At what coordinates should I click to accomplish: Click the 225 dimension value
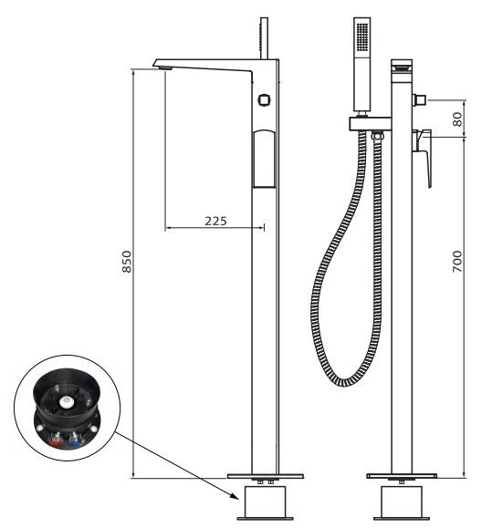tap(215, 221)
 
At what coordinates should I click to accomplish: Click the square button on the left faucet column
tap(264, 99)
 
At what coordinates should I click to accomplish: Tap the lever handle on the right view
tap(424, 155)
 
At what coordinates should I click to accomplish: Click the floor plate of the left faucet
tap(265, 476)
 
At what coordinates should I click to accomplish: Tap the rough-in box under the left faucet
tap(265, 503)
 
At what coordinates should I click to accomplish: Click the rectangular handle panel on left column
tap(264, 158)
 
